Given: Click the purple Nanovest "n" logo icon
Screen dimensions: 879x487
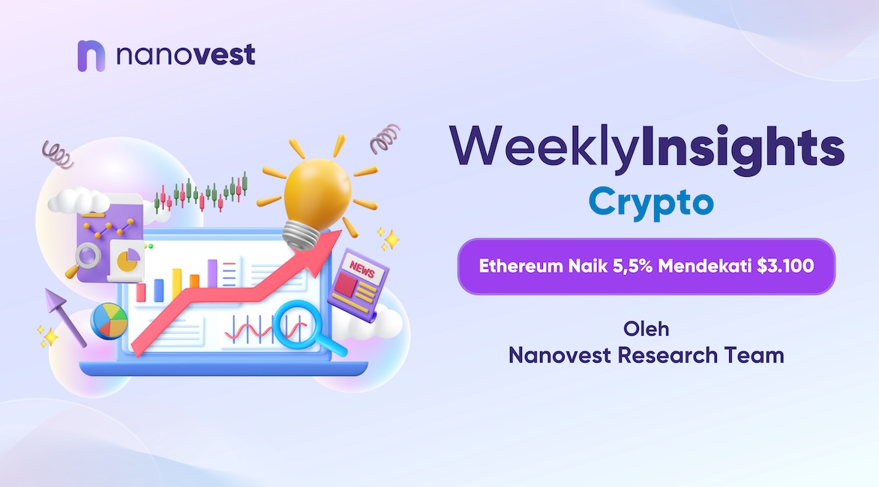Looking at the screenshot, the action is [x=91, y=56].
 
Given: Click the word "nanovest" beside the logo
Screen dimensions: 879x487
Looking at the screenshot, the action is [x=185, y=55].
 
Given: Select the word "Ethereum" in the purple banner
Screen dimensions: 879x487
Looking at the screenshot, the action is [x=520, y=266].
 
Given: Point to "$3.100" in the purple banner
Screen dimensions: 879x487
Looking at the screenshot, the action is [x=785, y=266].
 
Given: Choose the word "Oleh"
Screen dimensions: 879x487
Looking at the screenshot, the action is [x=646, y=329].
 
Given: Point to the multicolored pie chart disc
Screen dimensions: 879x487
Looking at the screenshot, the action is [x=109, y=321].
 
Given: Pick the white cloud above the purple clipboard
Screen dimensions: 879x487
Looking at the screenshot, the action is [x=78, y=201].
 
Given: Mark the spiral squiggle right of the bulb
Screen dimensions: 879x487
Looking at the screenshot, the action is [x=385, y=139].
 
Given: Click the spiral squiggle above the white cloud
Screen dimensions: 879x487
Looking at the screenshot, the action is [x=57, y=154].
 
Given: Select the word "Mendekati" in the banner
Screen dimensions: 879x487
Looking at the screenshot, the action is [x=705, y=266].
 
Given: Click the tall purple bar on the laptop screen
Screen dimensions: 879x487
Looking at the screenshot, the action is [x=212, y=273].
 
